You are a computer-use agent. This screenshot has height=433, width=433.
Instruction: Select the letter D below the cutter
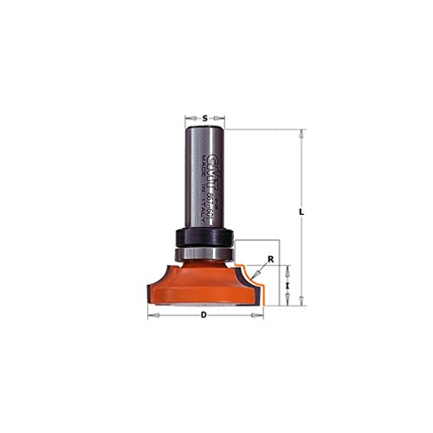[x=204, y=314]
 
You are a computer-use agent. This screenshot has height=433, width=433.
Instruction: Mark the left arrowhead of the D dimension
[x=151, y=315]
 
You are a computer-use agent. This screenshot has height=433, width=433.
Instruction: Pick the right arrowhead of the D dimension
[x=258, y=315]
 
